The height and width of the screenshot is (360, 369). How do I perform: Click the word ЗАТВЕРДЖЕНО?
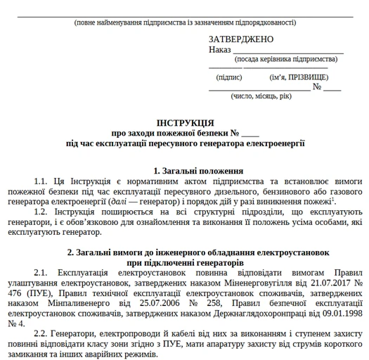tap(240, 39)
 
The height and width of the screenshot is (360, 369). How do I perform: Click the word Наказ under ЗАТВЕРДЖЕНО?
tap(219, 51)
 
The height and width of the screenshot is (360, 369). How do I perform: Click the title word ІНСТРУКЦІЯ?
tap(185, 122)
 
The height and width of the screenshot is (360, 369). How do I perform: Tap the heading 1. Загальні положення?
tap(198, 171)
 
